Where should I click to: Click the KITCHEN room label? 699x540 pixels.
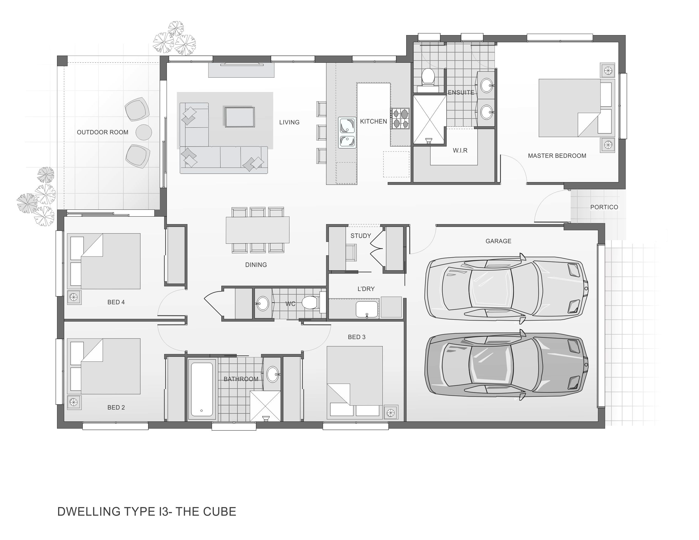[373, 122]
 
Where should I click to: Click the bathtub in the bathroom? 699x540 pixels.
[202, 389]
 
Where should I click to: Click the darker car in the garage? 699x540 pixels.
[506, 365]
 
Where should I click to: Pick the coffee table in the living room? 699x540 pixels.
[239, 117]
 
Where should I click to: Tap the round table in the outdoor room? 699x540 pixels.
[144, 132]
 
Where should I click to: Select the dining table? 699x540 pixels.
[258, 230]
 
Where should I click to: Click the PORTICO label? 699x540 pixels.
[604, 207]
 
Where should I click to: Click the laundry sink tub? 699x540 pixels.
[367, 309]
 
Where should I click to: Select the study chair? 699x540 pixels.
[351, 252]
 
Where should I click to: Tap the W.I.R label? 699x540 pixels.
[460, 150]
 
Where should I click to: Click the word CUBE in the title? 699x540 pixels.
[219, 512]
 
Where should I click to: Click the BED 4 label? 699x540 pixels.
[116, 302]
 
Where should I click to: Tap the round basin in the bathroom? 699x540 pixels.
[273, 374]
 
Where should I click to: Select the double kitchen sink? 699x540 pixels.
[347, 133]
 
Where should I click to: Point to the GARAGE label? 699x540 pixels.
[498, 241]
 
